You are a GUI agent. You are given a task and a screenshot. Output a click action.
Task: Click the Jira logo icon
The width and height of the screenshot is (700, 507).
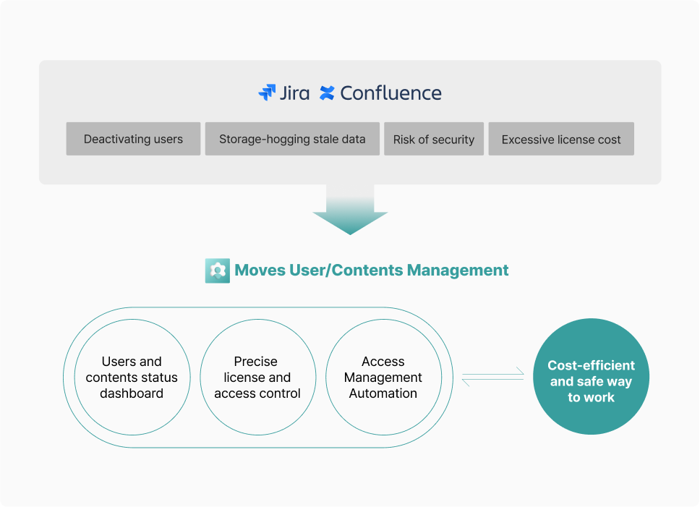pos(267,93)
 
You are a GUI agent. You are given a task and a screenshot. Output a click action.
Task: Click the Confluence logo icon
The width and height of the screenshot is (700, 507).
pos(327,93)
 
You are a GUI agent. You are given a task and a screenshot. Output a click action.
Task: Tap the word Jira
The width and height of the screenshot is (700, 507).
pos(294,93)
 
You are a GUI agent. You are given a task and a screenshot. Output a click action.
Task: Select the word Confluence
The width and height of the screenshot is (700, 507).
pos(390,93)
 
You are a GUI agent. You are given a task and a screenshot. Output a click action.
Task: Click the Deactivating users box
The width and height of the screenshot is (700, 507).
pos(133,139)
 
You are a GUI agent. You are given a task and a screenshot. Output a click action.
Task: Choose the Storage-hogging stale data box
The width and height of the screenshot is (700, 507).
pos(292,139)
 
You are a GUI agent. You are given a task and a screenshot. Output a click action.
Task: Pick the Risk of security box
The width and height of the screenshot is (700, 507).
pos(434,139)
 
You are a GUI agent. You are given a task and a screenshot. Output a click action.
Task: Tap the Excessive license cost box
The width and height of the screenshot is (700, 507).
pos(561,139)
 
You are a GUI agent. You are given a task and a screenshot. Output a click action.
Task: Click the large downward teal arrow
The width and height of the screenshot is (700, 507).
pos(350,210)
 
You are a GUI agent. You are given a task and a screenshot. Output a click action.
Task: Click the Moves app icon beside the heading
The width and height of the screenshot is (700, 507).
pos(218,270)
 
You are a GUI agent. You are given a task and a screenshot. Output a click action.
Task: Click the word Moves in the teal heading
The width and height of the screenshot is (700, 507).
pos(260,270)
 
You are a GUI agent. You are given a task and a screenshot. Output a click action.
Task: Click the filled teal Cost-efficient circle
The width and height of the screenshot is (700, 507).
pos(591,376)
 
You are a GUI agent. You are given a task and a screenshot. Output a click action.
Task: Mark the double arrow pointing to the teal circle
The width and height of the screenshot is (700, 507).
pos(493,377)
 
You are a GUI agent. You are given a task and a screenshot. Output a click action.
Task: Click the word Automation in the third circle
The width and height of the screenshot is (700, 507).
pos(383,393)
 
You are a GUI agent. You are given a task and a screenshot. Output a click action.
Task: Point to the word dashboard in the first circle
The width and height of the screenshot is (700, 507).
pos(132,393)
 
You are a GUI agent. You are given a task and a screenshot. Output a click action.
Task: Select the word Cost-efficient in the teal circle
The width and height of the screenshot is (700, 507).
pos(591,365)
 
